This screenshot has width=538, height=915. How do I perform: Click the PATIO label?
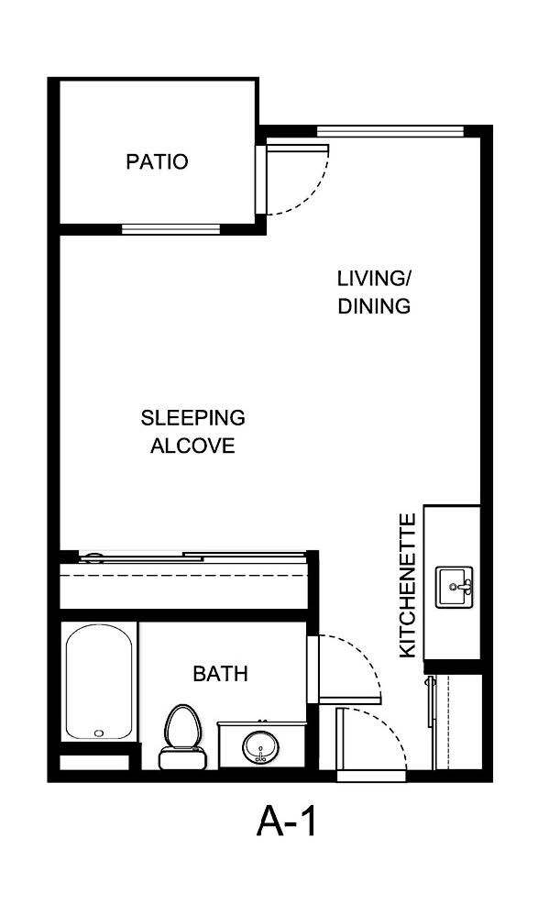click(x=157, y=162)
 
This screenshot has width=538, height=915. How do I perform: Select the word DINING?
click(x=374, y=306)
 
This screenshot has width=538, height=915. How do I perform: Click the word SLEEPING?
click(x=192, y=418)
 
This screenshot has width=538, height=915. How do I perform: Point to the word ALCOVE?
click(x=192, y=446)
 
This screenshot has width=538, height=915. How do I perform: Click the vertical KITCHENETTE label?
click(x=409, y=584)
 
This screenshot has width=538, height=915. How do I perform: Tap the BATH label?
click(x=220, y=674)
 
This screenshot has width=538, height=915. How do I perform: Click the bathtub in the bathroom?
click(x=100, y=682)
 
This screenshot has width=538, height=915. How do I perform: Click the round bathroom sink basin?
click(x=260, y=745)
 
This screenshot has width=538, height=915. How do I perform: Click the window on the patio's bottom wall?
click(x=170, y=228)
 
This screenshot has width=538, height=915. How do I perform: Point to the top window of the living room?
click(x=390, y=130)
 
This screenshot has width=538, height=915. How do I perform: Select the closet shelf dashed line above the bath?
click(x=183, y=575)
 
